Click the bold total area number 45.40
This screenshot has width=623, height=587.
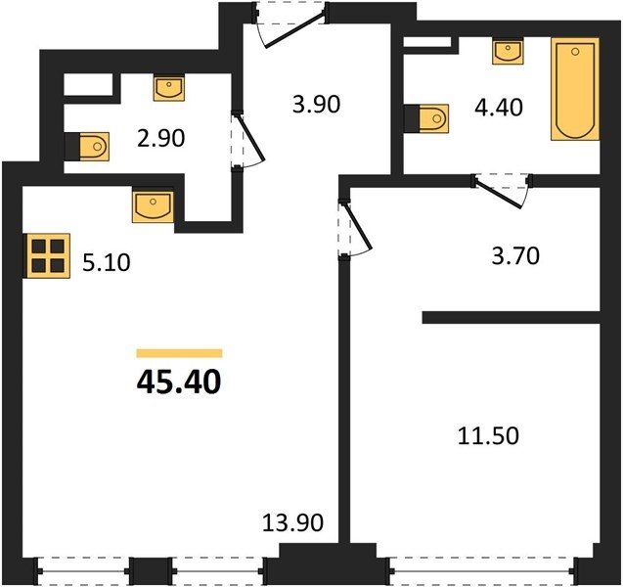[179, 382]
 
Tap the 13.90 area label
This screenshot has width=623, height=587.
[292, 522]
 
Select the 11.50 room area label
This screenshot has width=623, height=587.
[488, 435]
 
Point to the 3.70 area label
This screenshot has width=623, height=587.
[515, 256]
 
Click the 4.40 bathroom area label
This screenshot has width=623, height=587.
[499, 108]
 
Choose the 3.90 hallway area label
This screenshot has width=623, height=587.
[316, 105]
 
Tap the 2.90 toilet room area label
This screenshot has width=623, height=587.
[161, 139]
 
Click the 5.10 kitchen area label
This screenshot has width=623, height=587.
[106, 263]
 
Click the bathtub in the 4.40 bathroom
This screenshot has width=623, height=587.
[575, 89]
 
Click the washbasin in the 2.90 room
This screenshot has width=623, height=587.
[169, 87]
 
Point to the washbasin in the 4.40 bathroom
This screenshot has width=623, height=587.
[508, 51]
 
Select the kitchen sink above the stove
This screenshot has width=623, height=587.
[153, 206]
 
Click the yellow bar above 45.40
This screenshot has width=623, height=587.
[179, 353]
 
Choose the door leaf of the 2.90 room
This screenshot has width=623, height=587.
[251, 138]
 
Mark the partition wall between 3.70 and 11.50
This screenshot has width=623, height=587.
[511, 318]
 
